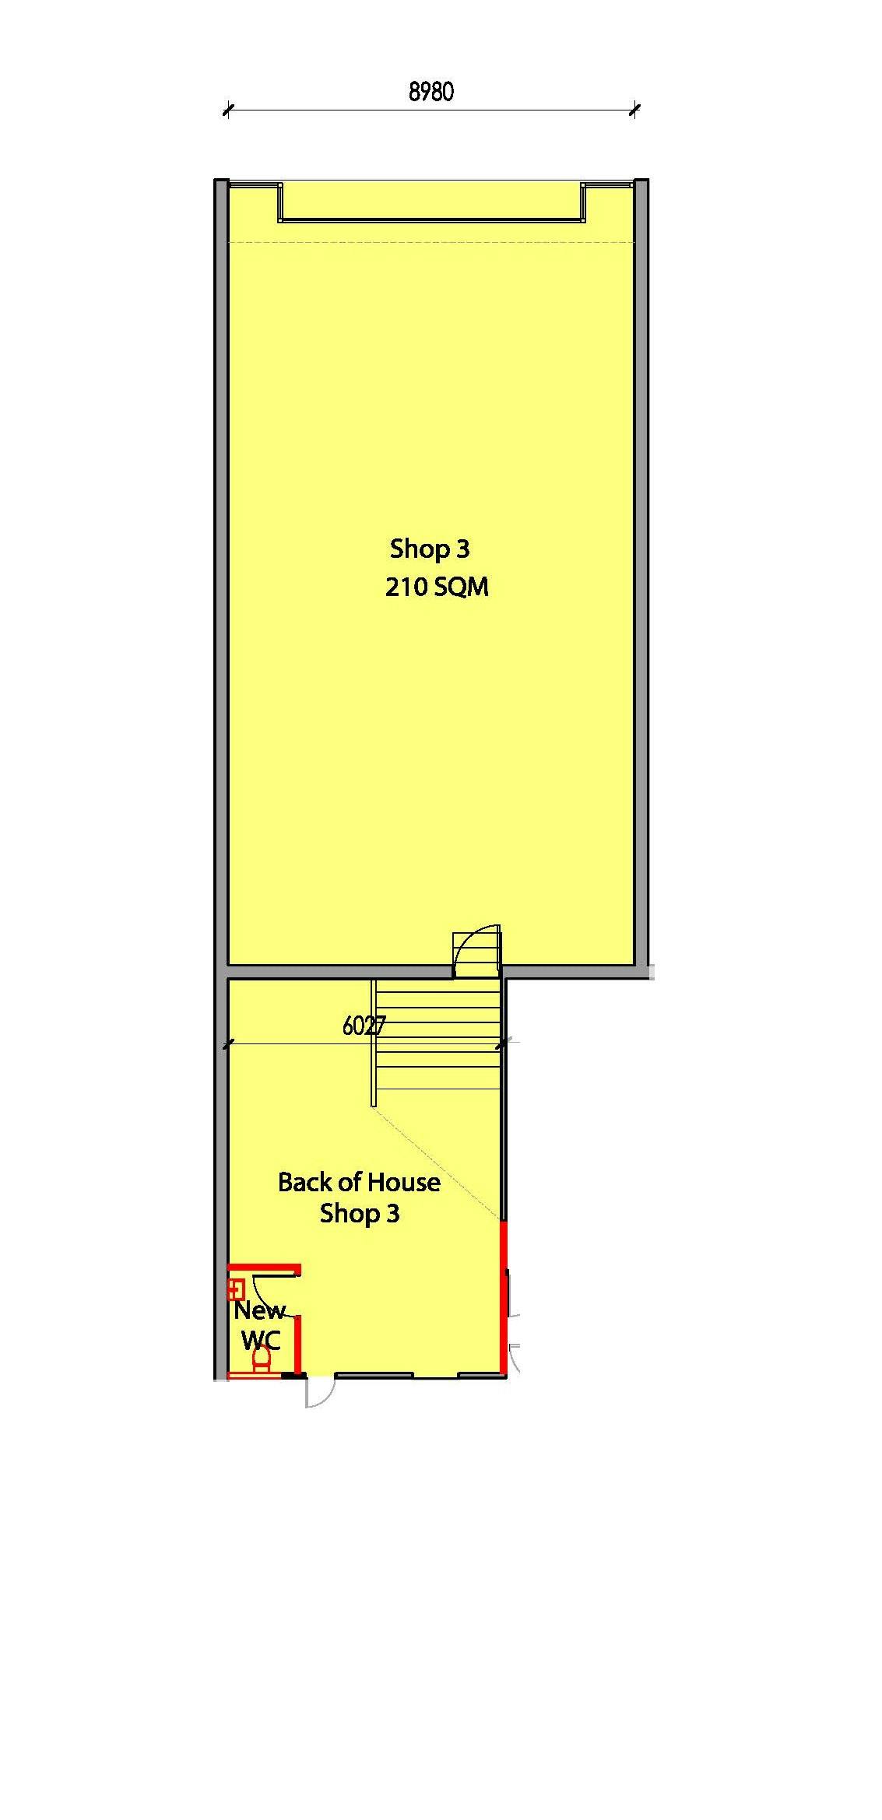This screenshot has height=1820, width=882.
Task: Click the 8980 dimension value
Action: point(431,92)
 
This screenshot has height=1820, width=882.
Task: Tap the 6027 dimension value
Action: point(364,1026)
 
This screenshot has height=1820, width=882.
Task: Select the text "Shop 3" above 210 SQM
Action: point(430,549)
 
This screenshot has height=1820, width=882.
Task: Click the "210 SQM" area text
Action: point(437,586)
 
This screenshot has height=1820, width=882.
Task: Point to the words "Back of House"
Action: point(359,1182)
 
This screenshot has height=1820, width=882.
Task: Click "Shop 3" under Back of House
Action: point(360,1213)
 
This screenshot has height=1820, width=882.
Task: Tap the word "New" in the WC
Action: point(260,1310)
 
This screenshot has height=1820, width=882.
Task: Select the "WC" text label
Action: point(261,1340)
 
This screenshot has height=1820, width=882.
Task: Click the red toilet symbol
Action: point(262,1359)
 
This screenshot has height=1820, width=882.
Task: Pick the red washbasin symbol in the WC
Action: point(235,1289)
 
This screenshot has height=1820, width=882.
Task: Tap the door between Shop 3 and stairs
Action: point(476,951)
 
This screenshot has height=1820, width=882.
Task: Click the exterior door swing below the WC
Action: point(319,1391)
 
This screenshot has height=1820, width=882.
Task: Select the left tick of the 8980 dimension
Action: point(227,110)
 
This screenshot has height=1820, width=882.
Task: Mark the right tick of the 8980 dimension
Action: point(634,110)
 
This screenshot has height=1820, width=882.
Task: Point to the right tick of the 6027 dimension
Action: point(503,1043)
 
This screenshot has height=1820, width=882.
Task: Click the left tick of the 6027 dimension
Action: point(227,1044)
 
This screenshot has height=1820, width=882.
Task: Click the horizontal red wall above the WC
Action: point(264,1269)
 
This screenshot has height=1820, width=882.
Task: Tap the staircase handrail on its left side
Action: point(374,1042)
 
